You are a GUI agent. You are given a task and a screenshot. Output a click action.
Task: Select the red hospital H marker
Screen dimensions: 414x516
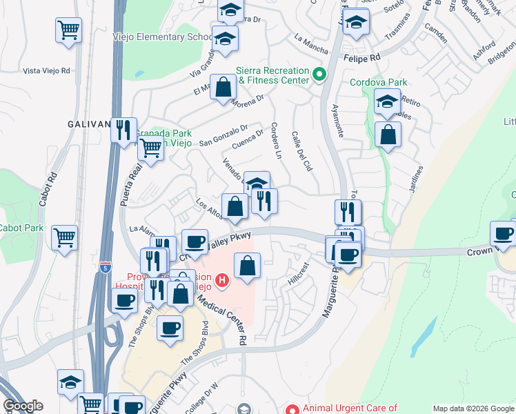[222, 280]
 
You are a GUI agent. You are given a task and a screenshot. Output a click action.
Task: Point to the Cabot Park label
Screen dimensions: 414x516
[21, 228]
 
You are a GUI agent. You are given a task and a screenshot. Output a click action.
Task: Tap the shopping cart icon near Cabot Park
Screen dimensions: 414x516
[65, 237]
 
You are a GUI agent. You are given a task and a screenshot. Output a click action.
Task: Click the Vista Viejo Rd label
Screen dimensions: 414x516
[47, 70]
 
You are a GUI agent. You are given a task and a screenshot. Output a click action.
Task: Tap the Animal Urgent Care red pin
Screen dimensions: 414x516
[292, 410]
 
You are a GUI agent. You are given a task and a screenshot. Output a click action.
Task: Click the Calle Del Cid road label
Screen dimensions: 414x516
[302, 152]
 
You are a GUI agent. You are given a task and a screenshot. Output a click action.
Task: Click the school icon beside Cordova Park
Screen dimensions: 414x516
[387, 102]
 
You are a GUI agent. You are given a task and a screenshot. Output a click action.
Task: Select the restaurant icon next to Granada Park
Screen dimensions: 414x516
[123, 129]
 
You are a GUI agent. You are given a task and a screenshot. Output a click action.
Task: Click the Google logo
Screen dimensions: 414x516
[23, 406]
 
